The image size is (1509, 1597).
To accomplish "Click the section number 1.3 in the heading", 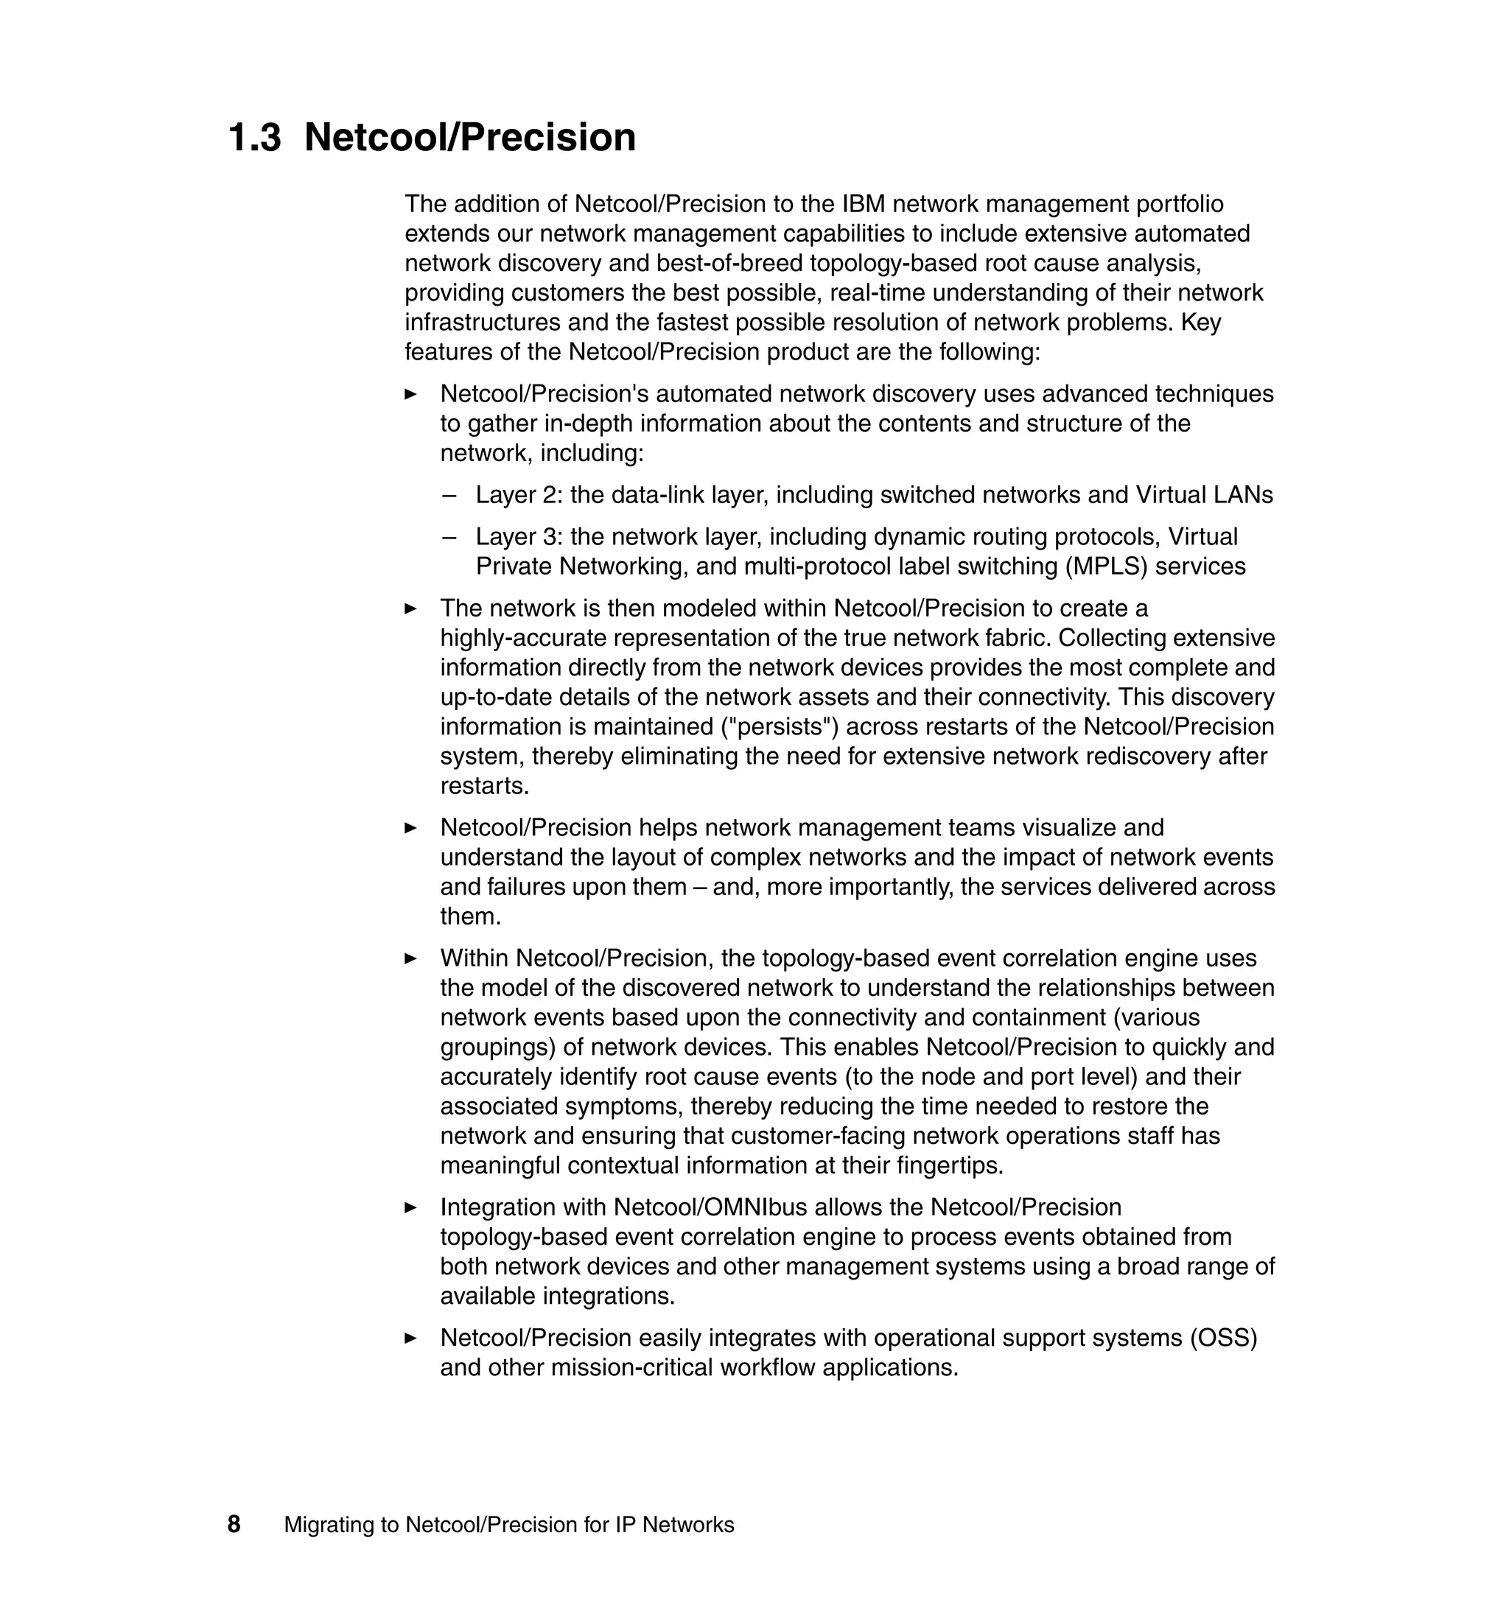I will click(255, 138).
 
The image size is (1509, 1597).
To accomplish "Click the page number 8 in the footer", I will click(234, 1524).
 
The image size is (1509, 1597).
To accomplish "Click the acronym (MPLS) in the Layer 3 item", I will click(1106, 566).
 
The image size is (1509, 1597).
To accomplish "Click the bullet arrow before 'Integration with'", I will click(411, 1207).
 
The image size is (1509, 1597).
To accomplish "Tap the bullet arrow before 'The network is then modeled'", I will click(411, 608).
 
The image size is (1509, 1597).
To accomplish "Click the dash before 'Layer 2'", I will click(449, 494).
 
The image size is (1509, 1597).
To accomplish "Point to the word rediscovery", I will click(1151, 756).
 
